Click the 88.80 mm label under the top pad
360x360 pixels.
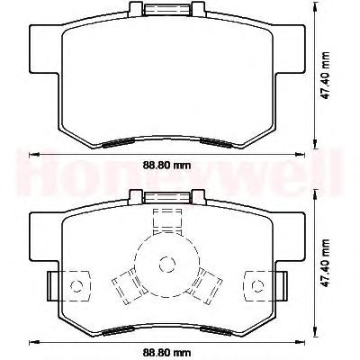click(x=166, y=165)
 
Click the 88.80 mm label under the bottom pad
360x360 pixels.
click(x=166, y=352)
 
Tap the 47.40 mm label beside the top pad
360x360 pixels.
click(x=325, y=75)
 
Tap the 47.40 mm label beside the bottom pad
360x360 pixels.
click(x=325, y=263)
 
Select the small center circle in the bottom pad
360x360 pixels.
click(x=166, y=264)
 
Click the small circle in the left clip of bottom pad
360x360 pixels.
click(x=76, y=286)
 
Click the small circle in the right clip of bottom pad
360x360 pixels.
click(x=257, y=286)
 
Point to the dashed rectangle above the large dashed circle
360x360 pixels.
click(x=167, y=221)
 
